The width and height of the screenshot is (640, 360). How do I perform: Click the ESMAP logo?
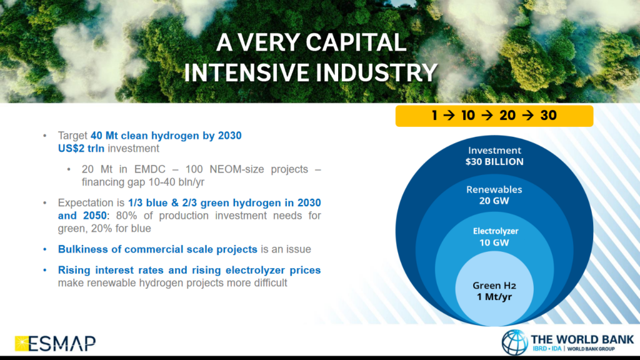pyautogui.click(x=55, y=342)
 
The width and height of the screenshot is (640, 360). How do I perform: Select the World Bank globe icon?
pyautogui.click(x=515, y=342)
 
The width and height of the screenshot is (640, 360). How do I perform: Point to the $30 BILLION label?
pyautogui.click(x=495, y=162)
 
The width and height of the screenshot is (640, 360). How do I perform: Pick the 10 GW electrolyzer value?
pyautogui.click(x=495, y=242)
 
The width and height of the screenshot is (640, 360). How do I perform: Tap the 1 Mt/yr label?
pyautogui.click(x=495, y=296)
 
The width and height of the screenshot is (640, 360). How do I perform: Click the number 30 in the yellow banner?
pyautogui.click(x=548, y=116)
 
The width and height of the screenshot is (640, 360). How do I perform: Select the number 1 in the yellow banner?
pyautogui.click(x=435, y=116)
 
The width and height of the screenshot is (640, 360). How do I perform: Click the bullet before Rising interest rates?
pyautogui.click(x=44, y=270)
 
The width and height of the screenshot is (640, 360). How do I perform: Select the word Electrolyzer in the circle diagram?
pyautogui.click(x=495, y=231)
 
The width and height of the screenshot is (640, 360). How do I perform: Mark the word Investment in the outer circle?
pyautogui.click(x=495, y=151)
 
